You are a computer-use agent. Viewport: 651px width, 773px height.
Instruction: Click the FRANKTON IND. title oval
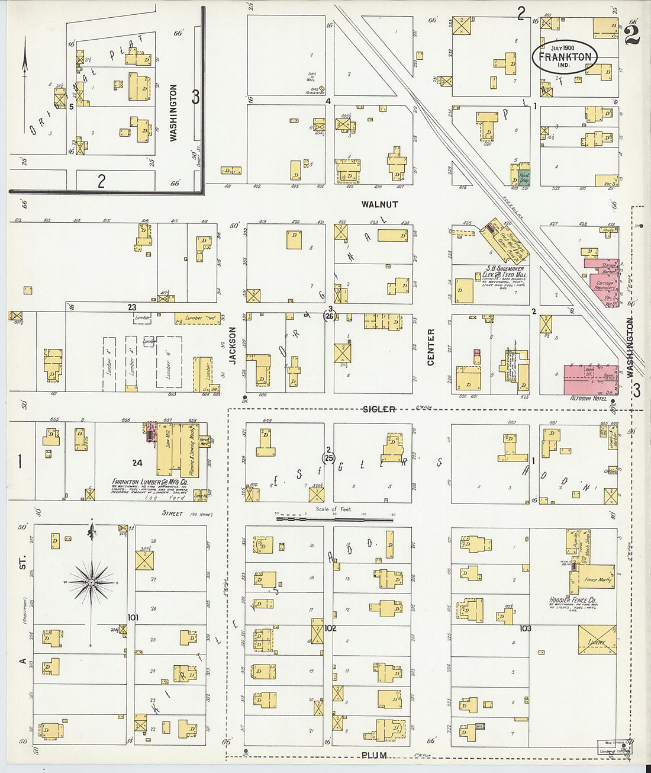[564, 56]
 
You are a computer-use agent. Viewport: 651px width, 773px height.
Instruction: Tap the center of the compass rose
[92, 583]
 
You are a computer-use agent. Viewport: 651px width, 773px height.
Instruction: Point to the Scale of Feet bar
[334, 519]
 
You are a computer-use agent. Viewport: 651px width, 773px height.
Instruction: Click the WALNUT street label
[379, 204]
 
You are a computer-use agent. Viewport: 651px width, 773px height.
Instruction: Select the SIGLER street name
[379, 409]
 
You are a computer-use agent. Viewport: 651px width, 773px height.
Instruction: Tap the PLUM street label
[375, 755]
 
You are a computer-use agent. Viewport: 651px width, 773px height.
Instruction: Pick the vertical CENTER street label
[431, 347]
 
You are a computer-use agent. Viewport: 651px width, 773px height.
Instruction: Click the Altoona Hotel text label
[588, 399]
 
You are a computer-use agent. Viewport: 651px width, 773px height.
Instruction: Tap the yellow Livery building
[597, 640]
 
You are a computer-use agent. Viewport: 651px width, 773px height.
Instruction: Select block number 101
[133, 617]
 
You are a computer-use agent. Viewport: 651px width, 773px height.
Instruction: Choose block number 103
[525, 628]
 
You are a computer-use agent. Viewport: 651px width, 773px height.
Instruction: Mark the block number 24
[137, 463]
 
